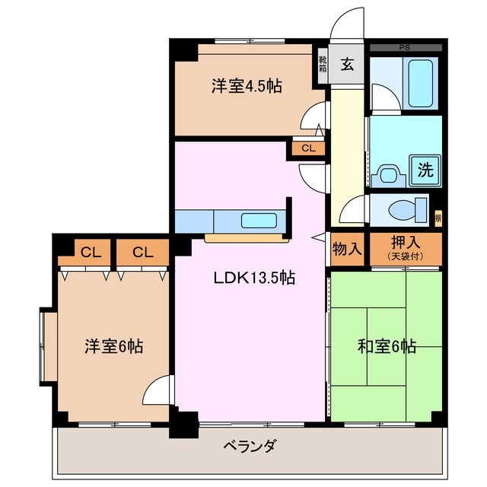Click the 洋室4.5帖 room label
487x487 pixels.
pos(246,87)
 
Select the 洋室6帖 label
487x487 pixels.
pos(113,346)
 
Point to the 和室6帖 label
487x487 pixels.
pos(387,346)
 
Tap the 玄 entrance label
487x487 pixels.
pos(347,65)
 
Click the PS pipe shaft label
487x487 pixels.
pos(404,48)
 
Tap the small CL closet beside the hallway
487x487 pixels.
pos(307,148)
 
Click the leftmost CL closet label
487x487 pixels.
pos(89,252)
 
